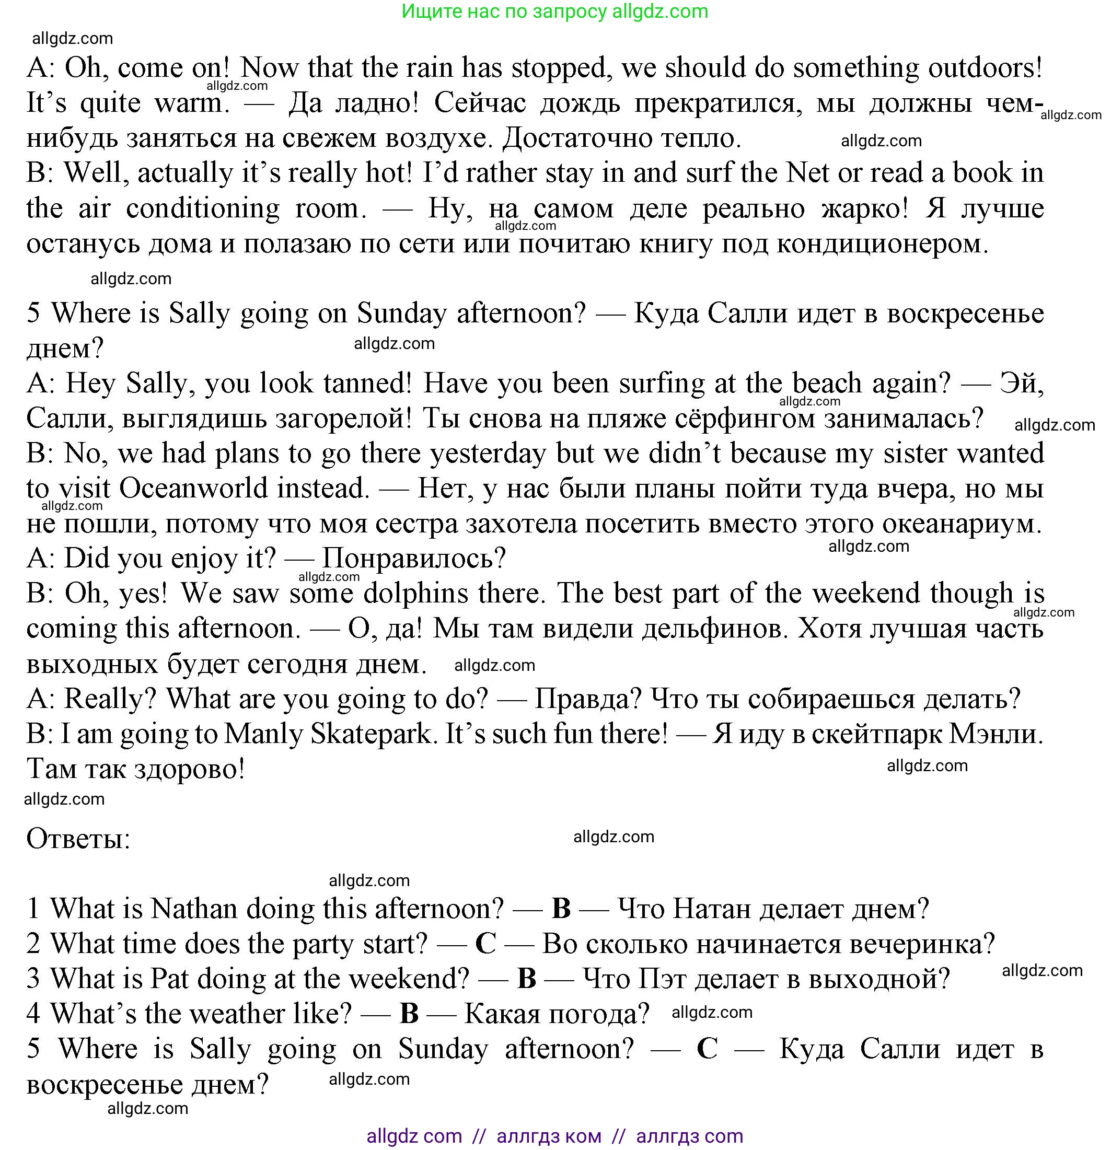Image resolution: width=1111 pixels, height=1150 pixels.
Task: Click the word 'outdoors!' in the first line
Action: click(x=985, y=68)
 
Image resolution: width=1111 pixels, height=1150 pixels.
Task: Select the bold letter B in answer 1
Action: click(x=561, y=909)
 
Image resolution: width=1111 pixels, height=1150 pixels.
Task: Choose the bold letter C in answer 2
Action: click(x=485, y=944)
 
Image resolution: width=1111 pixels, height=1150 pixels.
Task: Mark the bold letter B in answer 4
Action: click(x=409, y=1014)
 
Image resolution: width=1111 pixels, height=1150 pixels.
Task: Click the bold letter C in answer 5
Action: click(x=707, y=1049)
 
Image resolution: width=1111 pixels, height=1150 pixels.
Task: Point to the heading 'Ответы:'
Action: click(x=78, y=839)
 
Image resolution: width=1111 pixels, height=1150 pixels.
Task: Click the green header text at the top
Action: click(x=554, y=11)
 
